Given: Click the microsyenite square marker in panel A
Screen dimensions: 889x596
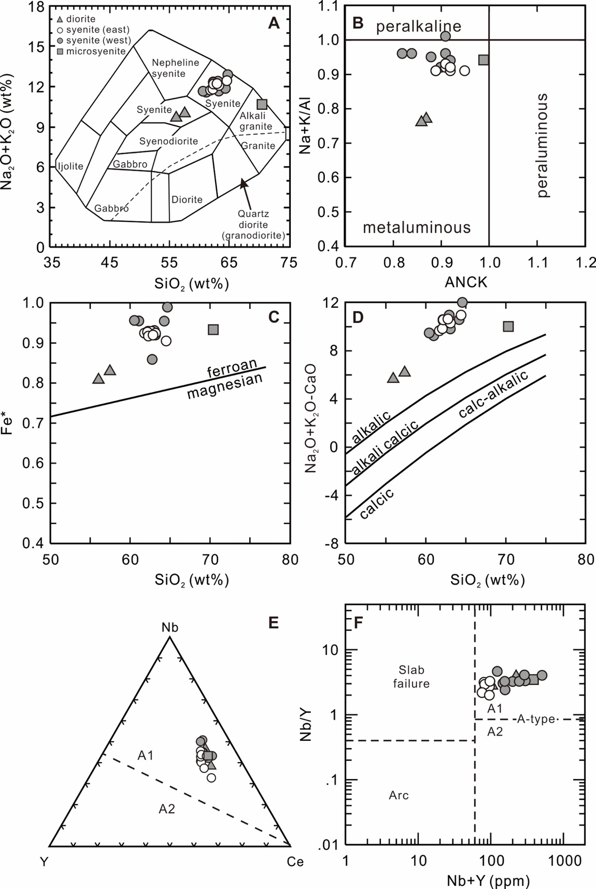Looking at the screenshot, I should click(262, 105).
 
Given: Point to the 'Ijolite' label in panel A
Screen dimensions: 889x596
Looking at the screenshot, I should click(71, 166).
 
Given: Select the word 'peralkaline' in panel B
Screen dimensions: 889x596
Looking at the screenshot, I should click(419, 26).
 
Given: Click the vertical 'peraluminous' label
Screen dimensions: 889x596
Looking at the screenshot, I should click(542, 146).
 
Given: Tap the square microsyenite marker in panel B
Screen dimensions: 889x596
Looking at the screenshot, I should click(483, 60).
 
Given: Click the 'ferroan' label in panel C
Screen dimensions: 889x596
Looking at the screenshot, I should click(232, 367).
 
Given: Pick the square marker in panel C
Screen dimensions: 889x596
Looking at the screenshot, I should click(213, 330).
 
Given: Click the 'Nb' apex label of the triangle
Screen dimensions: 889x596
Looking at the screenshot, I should click(170, 628).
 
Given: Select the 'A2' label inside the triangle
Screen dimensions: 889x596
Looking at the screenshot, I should click(167, 809).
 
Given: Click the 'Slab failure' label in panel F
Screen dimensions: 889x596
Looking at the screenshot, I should click(411, 677).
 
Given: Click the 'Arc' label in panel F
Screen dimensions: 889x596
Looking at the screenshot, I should click(399, 796).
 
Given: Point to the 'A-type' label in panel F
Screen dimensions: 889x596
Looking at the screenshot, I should click(536, 719).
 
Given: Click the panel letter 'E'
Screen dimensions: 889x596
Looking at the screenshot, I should click(273, 622).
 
